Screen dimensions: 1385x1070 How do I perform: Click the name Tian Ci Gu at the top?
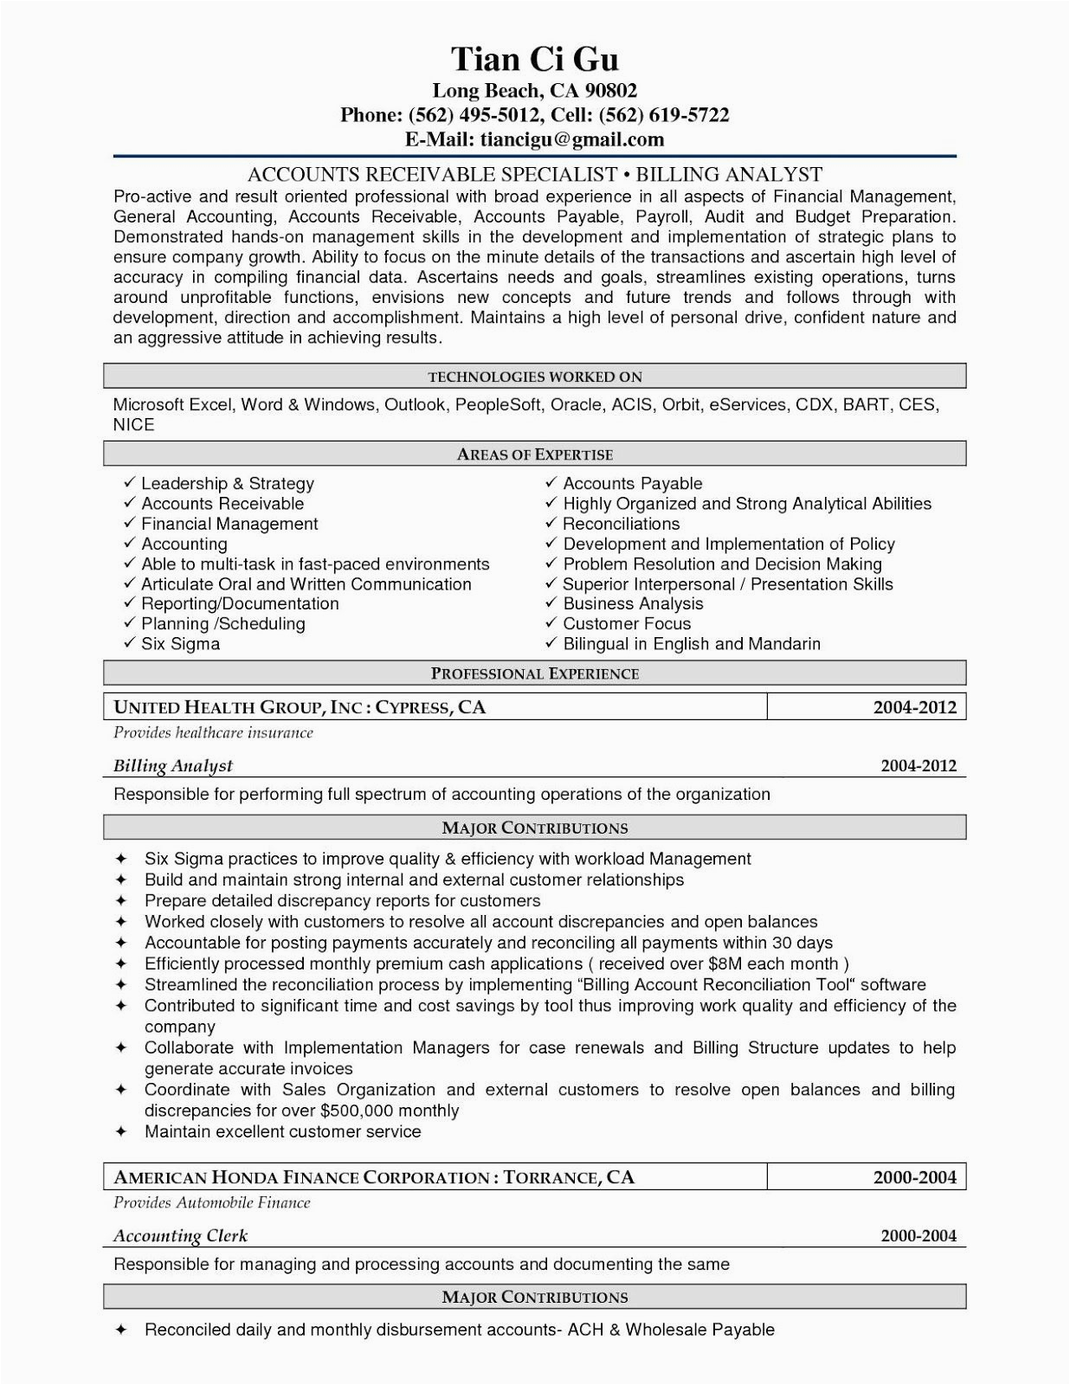(x=534, y=59)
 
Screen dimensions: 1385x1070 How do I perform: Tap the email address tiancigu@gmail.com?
(x=572, y=139)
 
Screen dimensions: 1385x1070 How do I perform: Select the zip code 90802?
(x=610, y=90)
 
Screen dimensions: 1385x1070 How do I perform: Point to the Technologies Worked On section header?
(x=534, y=377)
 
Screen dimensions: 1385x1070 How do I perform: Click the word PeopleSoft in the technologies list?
(x=498, y=404)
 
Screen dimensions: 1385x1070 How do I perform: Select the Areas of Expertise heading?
(x=534, y=454)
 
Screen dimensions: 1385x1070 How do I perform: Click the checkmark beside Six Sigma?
(x=129, y=643)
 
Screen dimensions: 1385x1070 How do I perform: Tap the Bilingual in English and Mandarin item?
(x=691, y=644)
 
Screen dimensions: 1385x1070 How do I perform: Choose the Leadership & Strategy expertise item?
(x=227, y=484)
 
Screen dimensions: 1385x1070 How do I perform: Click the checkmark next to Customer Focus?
(x=551, y=623)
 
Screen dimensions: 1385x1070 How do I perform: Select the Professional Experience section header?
(x=534, y=673)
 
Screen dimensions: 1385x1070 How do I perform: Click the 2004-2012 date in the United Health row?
(x=914, y=707)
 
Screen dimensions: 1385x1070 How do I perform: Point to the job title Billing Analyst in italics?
(x=173, y=766)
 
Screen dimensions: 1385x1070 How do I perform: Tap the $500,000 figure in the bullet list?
(x=357, y=1111)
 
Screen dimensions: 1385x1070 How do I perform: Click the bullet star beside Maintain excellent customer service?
(x=121, y=1132)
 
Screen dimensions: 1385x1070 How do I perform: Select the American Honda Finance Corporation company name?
(x=302, y=1177)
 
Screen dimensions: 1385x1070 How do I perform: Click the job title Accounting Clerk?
(x=180, y=1236)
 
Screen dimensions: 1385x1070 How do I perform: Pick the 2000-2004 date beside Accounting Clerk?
(x=918, y=1236)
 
